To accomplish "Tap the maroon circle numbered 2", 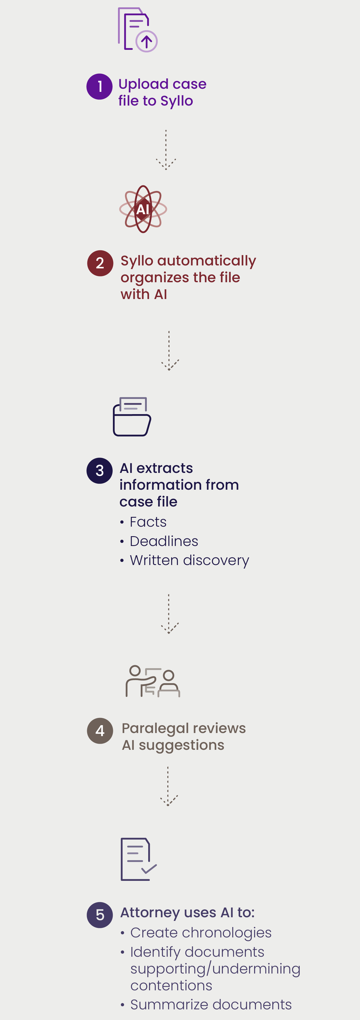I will (x=100, y=263).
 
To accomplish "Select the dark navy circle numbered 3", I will (x=99, y=470).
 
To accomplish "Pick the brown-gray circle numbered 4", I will (x=100, y=730).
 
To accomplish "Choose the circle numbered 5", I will (x=100, y=915).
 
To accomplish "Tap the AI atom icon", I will (x=143, y=209).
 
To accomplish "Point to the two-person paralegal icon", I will (x=152, y=681).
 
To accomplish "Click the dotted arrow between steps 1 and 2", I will (x=166, y=150).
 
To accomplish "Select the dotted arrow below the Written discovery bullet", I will (x=169, y=614).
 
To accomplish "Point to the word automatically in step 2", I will (x=206, y=261).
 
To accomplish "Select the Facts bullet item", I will (x=148, y=522).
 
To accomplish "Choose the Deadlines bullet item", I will (x=164, y=541).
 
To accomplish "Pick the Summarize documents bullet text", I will (x=211, y=1005).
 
